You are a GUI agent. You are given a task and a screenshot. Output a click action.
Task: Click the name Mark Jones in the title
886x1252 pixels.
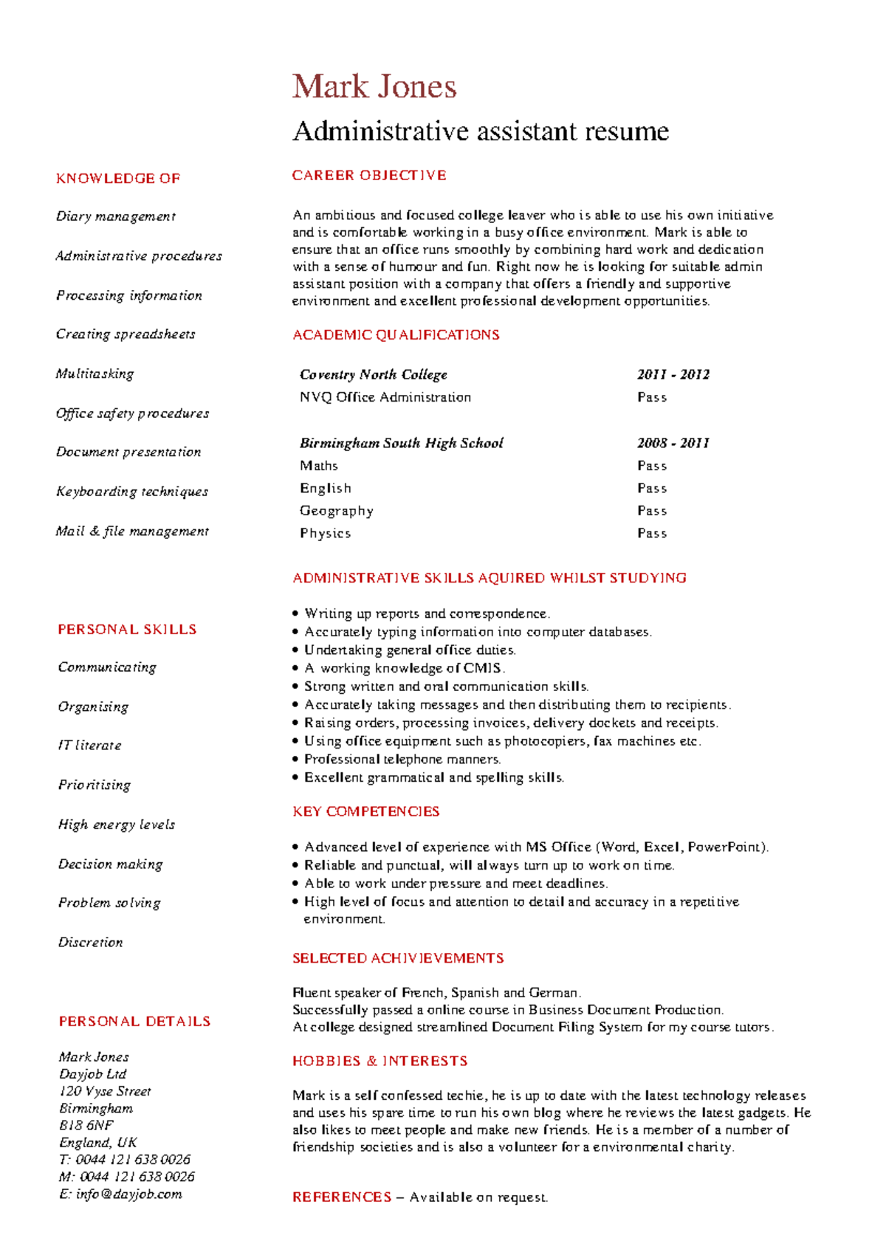(374, 86)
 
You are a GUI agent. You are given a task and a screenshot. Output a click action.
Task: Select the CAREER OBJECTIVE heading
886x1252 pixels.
(369, 176)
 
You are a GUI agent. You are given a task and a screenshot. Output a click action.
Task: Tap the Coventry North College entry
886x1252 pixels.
(373, 374)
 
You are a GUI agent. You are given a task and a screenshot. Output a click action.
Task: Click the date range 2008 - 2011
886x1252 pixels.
(673, 443)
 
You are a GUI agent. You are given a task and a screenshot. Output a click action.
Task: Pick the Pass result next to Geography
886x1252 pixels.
(652, 511)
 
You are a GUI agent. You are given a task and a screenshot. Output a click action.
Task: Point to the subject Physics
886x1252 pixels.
(325, 533)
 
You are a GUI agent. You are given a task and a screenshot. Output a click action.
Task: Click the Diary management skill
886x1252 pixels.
(116, 216)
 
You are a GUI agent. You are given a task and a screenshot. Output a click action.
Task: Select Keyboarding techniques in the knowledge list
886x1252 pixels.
(132, 492)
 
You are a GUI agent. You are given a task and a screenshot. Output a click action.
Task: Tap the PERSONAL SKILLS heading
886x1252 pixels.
(127, 630)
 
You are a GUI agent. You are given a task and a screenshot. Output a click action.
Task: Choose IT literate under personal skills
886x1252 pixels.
(89, 746)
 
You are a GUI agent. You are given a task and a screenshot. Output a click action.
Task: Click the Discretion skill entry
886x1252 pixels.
(90, 943)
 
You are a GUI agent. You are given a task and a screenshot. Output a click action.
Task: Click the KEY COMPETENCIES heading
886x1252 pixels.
(365, 811)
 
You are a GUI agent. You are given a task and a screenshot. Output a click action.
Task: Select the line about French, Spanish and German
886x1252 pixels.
(436, 993)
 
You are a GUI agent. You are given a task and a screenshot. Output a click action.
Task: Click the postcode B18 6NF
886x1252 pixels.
(86, 1126)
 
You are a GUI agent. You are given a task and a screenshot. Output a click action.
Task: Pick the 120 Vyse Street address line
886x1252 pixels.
(105, 1091)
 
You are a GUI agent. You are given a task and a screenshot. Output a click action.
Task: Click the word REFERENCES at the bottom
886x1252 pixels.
(341, 1197)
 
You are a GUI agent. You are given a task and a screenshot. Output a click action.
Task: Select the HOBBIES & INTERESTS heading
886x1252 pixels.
(380, 1061)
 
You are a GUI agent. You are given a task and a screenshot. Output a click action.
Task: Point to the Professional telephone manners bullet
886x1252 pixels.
(402, 759)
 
